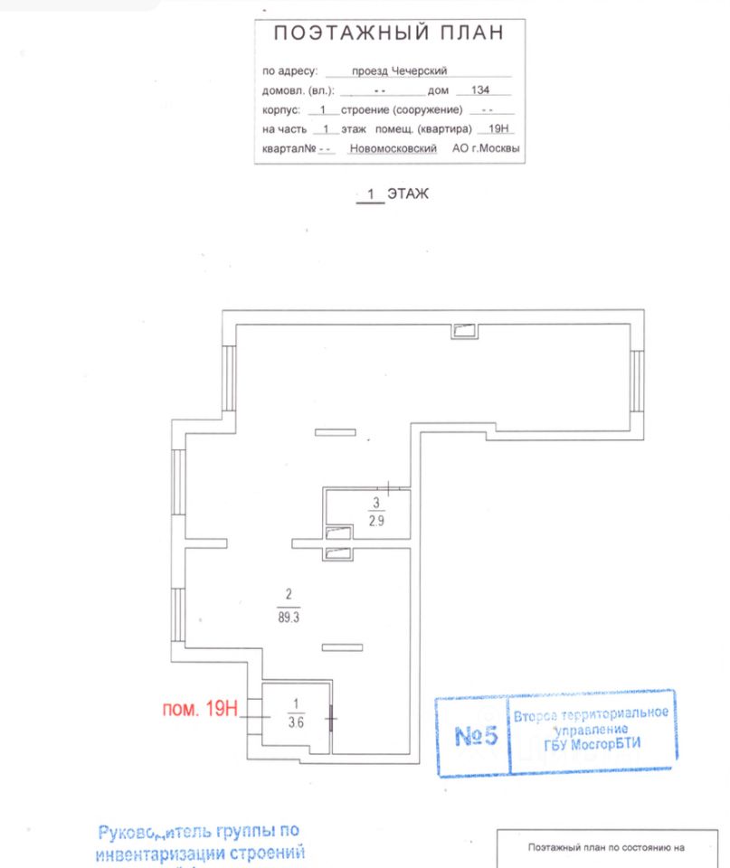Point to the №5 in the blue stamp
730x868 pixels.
[476, 736]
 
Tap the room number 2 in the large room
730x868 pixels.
[289, 595]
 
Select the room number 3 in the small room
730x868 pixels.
[375, 503]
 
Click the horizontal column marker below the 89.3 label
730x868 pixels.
[342, 646]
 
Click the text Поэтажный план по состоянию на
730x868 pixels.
[606, 849]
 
